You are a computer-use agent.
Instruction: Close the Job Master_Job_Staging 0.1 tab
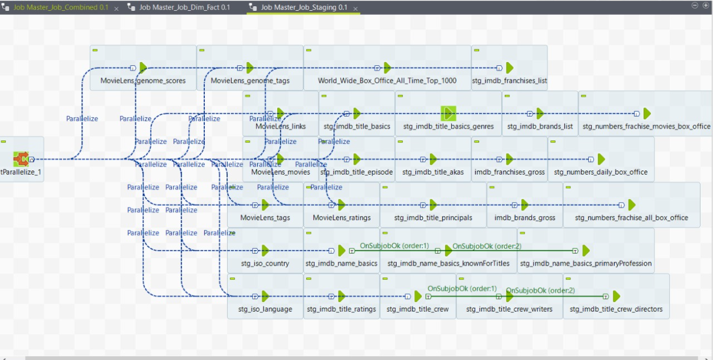[x=356, y=9]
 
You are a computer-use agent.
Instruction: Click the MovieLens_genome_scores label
[x=143, y=81]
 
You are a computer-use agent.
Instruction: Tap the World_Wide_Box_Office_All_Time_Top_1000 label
[x=387, y=81]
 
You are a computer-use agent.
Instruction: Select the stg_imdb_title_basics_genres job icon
[x=448, y=113]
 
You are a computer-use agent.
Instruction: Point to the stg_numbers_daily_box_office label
[x=600, y=172]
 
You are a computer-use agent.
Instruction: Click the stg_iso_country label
[x=265, y=263]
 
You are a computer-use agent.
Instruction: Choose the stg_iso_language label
[x=265, y=309]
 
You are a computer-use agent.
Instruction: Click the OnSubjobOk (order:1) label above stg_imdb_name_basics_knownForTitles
[x=394, y=246]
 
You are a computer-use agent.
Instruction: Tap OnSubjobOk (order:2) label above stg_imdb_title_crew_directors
[x=540, y=291]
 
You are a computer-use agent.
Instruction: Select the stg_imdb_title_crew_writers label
[x=509, y=309]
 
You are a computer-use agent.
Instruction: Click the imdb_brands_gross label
[x=525, y=218]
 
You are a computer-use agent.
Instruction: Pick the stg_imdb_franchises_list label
[x=509, y=81]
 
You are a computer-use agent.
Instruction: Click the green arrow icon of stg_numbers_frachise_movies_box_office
[x=647, y=113]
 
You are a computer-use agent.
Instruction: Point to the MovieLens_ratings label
[x=341, y=218]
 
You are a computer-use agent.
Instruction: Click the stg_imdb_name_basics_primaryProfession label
[x=586, y=263]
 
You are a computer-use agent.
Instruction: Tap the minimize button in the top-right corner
[x=695, y=5]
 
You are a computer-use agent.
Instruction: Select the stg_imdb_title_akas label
[x=433, y=172]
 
